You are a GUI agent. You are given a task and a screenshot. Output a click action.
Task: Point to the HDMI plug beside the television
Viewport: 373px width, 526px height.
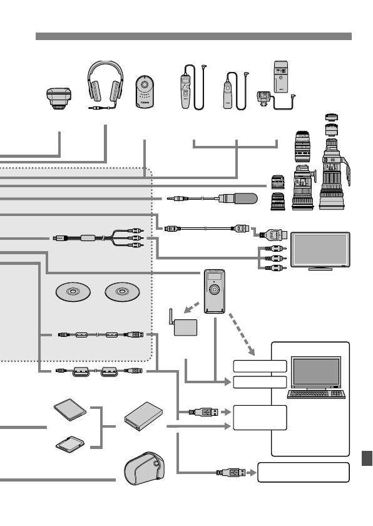[x=275, y=237]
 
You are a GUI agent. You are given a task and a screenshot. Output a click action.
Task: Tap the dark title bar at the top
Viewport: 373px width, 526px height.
[x=193, y=36]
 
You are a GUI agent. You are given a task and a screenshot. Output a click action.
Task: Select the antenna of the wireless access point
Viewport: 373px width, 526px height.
[x=171, y=316]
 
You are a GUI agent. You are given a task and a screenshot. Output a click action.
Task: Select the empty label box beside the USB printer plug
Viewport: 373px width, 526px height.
[x=303, y=472]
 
